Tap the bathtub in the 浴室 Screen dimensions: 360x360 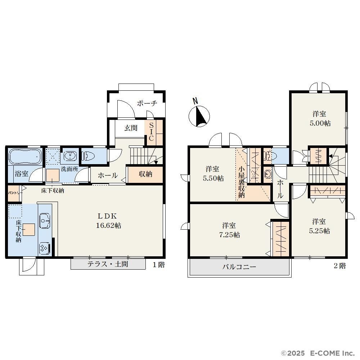(x=25, y=156)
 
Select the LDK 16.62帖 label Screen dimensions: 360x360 (x=108, y=221)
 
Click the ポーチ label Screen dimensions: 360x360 (x=147, y=103)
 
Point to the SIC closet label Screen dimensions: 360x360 (x=151, y=132)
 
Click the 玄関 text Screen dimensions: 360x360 (x=131, y=128)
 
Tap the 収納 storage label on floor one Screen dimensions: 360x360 (x=145, y=174)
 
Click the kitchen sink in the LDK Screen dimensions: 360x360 (x=45, y=221)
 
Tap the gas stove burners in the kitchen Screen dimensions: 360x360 (x=44, y=248)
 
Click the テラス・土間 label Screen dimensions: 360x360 (x=108, y=264)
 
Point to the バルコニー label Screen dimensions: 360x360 (x=239, y=267)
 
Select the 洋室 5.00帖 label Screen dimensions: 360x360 (x=320, y=118)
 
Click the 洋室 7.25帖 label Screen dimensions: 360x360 (x=229, y=230)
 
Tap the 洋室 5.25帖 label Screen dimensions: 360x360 (x=319, y=226)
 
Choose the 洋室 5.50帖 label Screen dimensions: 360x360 (x=213, y=174)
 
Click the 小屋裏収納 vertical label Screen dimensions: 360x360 (x=242, y=182)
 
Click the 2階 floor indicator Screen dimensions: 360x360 (x=339, y=266)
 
